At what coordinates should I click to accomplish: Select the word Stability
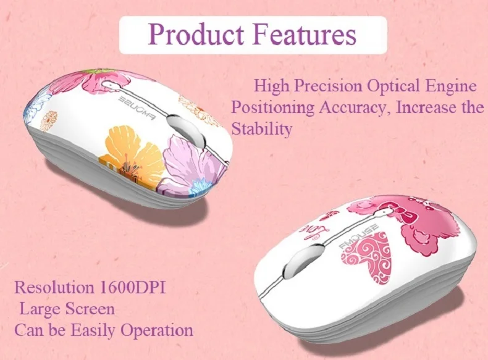pyautogui.click(x=261, y=129)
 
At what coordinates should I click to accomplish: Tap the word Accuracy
pyautogui.click(x=355, y=107)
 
